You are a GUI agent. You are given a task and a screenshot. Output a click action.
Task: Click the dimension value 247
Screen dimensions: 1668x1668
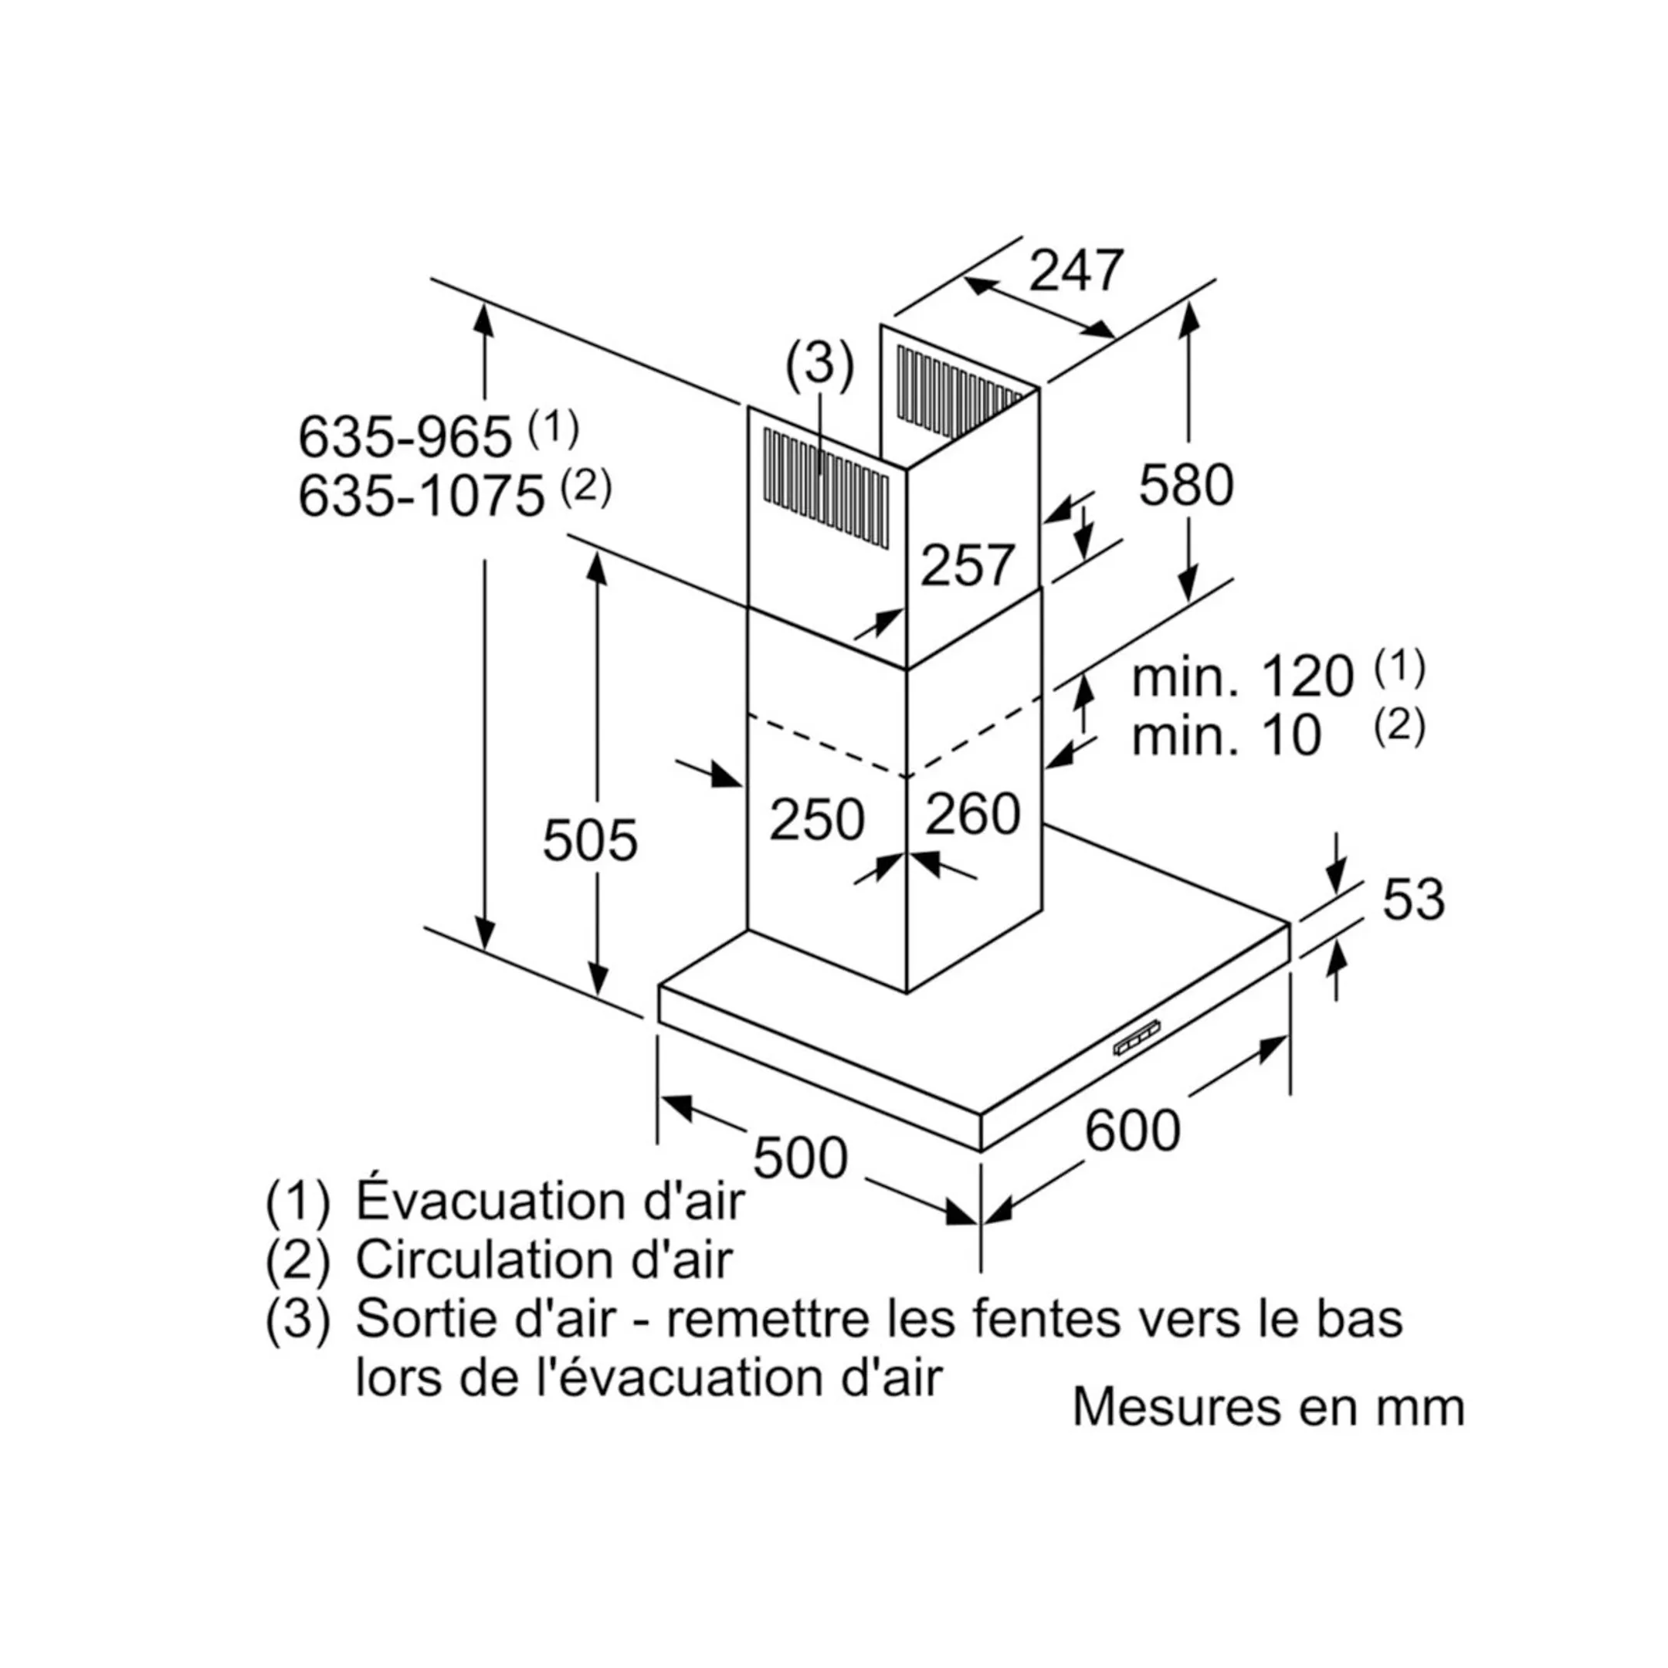[1076, 271]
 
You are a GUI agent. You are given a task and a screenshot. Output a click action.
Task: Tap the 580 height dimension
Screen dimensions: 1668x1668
[1185, 485]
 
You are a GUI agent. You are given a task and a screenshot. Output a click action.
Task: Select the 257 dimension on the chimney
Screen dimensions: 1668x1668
[967, 566]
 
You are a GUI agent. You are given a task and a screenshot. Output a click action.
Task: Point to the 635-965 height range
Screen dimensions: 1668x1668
[405, 438]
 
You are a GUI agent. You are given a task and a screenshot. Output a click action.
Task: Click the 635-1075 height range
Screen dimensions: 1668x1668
[422, 497]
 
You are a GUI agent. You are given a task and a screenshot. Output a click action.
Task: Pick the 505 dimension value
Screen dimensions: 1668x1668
[590, 840]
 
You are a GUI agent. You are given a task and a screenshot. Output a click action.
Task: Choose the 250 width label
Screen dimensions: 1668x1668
[816, 819]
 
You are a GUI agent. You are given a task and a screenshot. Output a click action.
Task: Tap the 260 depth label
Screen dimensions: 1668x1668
[972, 814]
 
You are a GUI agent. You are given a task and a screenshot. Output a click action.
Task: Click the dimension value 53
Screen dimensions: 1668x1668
[1413, 900]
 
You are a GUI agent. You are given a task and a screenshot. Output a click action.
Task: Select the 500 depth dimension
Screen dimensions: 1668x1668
[800, 1158]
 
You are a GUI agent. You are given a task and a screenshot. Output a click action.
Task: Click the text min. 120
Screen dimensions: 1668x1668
[1243, 677]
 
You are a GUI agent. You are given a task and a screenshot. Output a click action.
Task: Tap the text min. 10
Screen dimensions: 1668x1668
[1226, 737]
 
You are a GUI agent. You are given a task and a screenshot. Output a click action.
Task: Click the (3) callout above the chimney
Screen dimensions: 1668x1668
[819, 364]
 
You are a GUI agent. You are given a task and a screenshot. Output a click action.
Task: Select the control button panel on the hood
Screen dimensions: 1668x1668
[1137, 1046]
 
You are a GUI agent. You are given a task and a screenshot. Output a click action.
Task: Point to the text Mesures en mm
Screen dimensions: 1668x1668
[1268, 1408]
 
